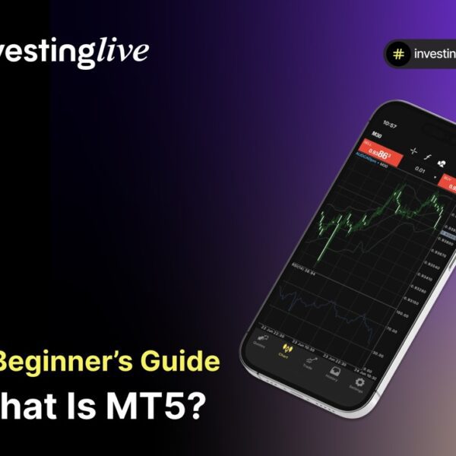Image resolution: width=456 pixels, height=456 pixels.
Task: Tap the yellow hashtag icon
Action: coord(397,54)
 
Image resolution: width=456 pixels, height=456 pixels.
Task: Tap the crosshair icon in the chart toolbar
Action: coord(414,151)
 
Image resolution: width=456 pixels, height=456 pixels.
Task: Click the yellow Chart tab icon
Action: coord(284,350)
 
